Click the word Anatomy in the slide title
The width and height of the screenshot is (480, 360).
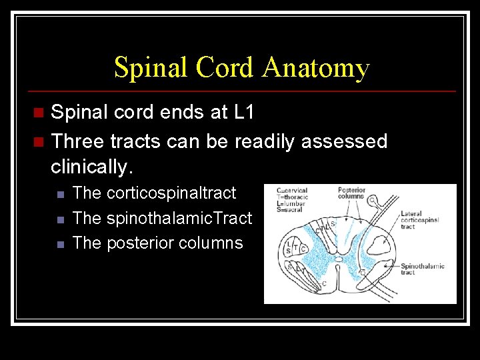[x=316, y=68]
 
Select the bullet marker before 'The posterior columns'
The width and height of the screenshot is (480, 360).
[x=60, y=244]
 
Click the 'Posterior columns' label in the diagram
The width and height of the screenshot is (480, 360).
[x=351, y=193]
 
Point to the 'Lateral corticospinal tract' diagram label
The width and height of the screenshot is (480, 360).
[x=419, y=220]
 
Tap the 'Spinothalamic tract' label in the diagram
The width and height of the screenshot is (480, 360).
[x=422, y=269]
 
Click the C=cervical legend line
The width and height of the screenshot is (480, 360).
[x=292, y=190]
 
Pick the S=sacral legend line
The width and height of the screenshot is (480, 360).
[x=289, y=210]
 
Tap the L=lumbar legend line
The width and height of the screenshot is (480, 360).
[x=291, y=203]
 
